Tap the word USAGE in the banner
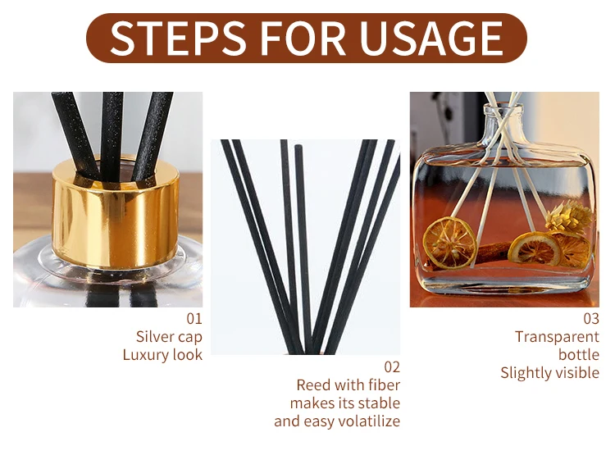pyautogui.click(x=431, y=38)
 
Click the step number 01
pyautogui.click(x=194, y=318)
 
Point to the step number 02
pyautogui.click(x=392, y=367)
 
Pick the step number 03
pyautogui.click(x=591, y=318)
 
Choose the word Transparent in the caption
pyautogui.click(x=557, y=337)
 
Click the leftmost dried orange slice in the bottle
pyautogui.click(x=450, y=243)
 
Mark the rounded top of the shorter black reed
pyautogui.click(x=298, y=147)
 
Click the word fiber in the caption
pyautogui.click(x=385, y=385)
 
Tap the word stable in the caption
pyautogui.click(x=380, y=403)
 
